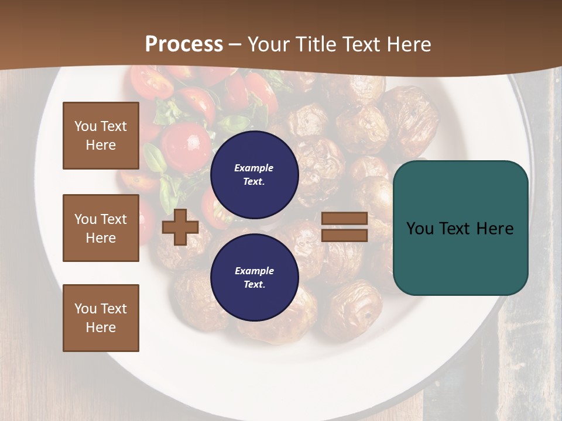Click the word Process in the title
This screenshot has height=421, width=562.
[x=184, y=44]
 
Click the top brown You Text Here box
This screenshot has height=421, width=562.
[x=101, y=136]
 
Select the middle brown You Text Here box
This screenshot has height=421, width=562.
[x=101, y=228]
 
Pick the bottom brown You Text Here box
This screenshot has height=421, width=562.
[x=101, y=318]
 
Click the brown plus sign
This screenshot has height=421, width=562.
[x=180, y=227]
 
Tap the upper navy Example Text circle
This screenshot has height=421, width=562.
[x=254, y=175]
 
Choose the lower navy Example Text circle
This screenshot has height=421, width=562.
[x=254, y=277]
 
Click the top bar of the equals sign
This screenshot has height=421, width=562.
[x=344, y=219]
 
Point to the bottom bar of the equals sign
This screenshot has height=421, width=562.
[x=344, y=236]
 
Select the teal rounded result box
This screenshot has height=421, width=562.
[x=460, y=228]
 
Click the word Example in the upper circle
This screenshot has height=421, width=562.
[x=254, y=168]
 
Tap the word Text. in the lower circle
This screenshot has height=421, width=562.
[x=254, y=285]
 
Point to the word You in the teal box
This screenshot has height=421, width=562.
[x=420, y=229]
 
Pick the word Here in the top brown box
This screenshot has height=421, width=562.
[x=101, y=145]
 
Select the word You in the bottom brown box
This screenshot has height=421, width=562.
[x=85, y=309]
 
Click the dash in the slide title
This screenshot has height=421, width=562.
[x=235, y=44]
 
